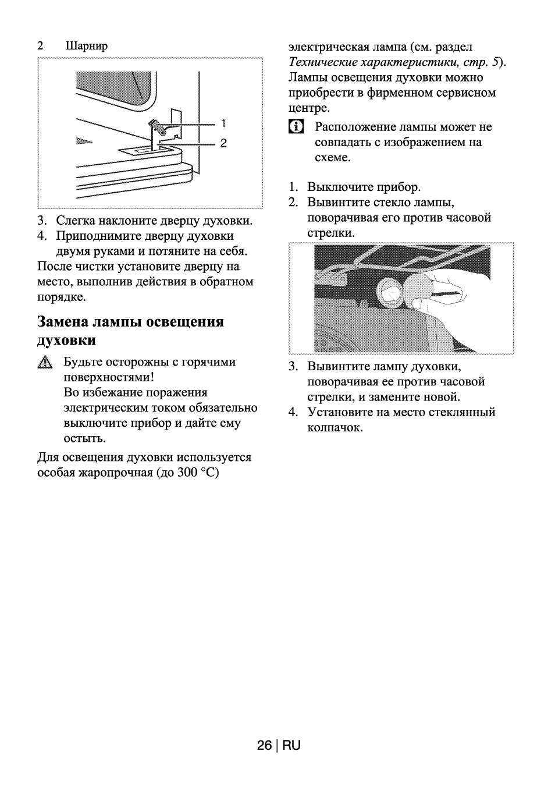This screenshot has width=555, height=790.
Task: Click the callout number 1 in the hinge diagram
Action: pyautogui.click(x=223, y=123)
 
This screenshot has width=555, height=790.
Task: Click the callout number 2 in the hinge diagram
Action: pyautogui.click(x=223, y=143)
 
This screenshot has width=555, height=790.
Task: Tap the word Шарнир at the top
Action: pyautogui.click(x=87, y=45)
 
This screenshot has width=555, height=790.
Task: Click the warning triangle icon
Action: pyautogui.click(x=45, y=363)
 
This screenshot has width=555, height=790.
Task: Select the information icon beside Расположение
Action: pyautogui.click(x=296, y=127)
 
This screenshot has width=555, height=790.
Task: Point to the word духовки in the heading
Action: pyautogui.click(x=66, y=340)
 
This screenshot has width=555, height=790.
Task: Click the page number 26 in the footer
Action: pyautogui.click(x=264, y=746)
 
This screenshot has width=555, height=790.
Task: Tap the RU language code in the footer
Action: pyautogui.click(x=292, y=746)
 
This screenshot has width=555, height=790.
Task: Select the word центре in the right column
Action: pyautogui.click(x=308, y=108)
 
